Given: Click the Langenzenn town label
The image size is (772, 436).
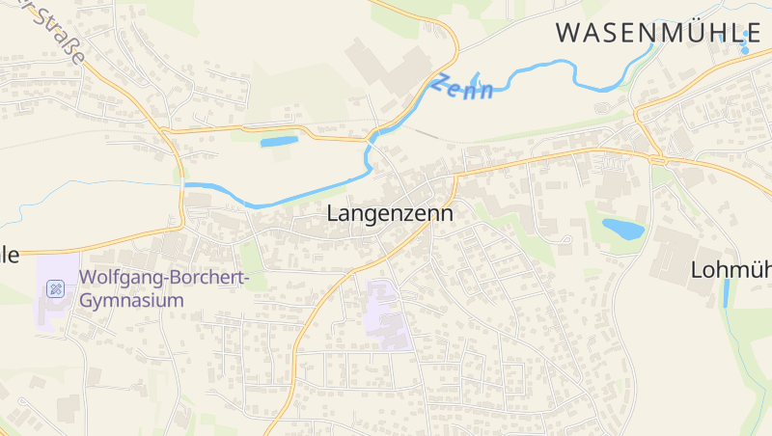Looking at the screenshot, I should (390, 214).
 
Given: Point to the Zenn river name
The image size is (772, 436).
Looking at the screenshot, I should (463, 87).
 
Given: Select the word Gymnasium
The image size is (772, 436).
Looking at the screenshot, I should (131, 301).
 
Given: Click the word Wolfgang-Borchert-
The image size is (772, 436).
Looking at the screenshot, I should (164, 279).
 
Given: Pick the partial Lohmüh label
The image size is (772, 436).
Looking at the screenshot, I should (731, 271).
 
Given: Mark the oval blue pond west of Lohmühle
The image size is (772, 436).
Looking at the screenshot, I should (622, 230).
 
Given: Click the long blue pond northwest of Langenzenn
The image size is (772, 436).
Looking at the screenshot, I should (279, 143).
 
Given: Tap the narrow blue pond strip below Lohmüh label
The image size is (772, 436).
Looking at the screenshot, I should (726, 293).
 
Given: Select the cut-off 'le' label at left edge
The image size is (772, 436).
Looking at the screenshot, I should (10, 256).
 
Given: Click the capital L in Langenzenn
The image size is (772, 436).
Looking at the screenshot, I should (334, 213).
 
